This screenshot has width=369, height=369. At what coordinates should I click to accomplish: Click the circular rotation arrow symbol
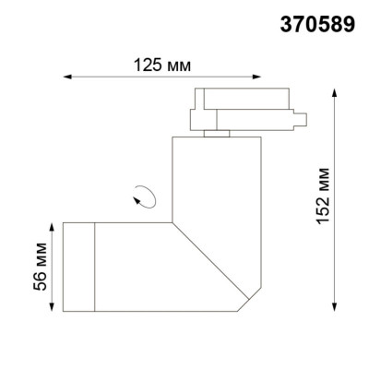point(144,195)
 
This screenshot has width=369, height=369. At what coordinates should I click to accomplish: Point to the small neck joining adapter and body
point(217,135)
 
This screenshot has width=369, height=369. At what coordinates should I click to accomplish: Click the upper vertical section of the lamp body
point(218,175)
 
